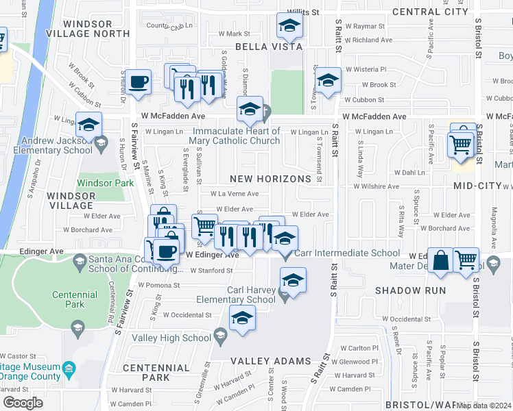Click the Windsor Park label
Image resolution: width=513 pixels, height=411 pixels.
[105, 183]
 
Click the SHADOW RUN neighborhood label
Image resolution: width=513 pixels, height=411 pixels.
[407, 290]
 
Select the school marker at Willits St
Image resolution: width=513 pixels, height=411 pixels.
[290, 27]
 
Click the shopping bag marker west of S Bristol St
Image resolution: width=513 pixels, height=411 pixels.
[442, 260]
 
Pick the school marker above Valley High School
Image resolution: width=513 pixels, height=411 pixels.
[241, 319]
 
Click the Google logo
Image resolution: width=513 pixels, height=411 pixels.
[23, 403]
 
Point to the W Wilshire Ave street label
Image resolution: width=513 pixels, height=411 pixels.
[376, 186]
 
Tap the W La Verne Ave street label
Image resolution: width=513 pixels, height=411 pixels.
[234, 194]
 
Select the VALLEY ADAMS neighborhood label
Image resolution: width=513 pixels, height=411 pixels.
[270, 361]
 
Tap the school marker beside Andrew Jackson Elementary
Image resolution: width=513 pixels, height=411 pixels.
[88, 125]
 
